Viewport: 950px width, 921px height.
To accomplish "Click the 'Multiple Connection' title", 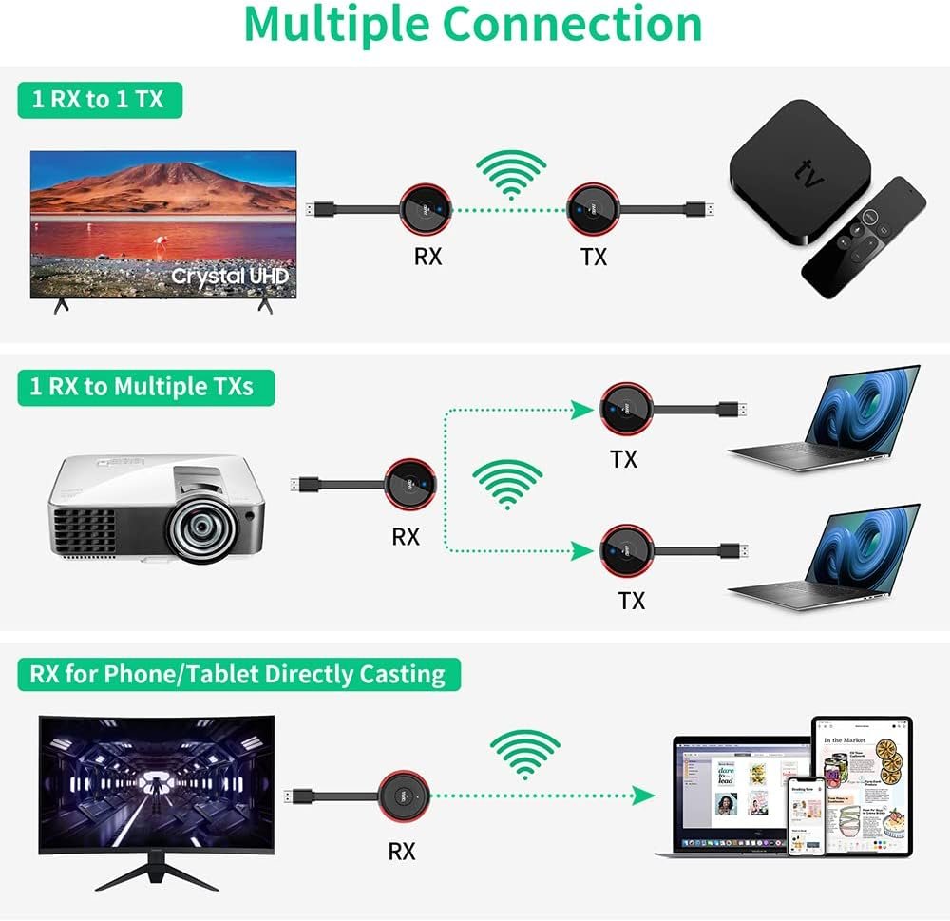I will click(473, 26).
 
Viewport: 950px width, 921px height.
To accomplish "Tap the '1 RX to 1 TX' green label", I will click(99, 99).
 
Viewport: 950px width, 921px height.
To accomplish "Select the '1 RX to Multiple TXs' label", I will click(146, 387).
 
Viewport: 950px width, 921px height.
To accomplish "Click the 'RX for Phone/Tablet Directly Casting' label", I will click(237, 674).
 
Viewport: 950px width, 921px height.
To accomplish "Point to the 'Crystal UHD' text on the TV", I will click(228, 277).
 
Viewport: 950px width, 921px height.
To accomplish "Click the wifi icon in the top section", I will click(511, 174).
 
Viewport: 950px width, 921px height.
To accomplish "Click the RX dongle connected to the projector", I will click(411, 485).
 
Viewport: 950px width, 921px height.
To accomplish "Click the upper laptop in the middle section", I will click(825, 418).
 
